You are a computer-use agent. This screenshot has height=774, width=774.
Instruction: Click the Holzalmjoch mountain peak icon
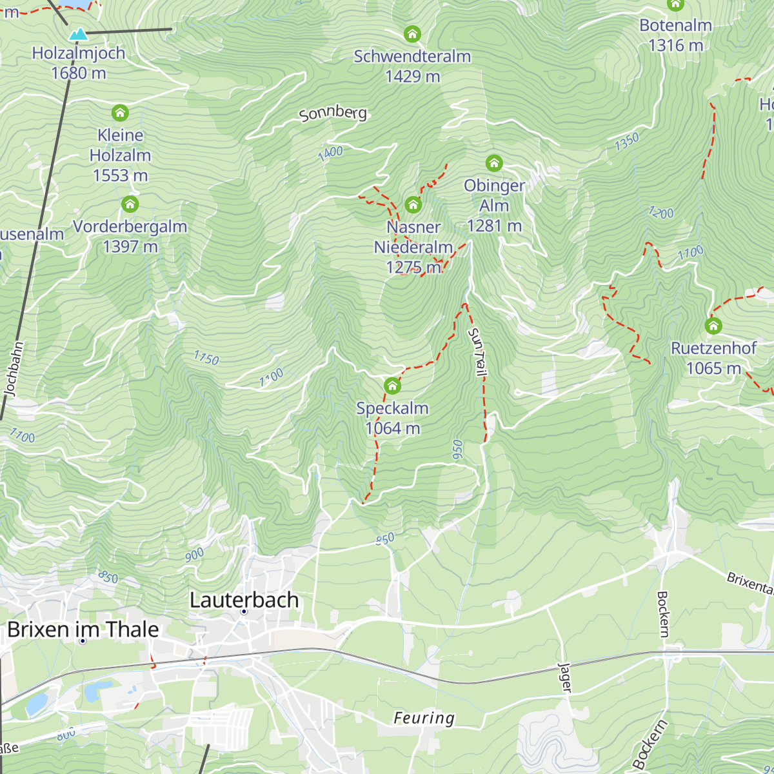pyautogui.click(x=78, y=34)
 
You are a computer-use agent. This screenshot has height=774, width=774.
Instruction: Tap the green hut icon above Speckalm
pyautogui.click(x=392, y=386)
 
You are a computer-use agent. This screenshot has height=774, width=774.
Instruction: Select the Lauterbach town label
pyautogui.click(x=244, y=600)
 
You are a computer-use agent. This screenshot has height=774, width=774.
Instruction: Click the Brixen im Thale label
pyautogui.click(x=83, y=630)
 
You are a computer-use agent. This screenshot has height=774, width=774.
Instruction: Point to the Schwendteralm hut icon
pyautogui.click(x=412, y=34)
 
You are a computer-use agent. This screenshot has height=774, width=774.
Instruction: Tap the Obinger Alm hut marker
pyautogui.click(x=494, y=163)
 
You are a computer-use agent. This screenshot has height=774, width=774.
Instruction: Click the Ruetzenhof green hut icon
pyautogui.click(x=713, y=326)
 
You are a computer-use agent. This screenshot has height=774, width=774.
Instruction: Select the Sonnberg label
pyautogui.click(x=333, y=114)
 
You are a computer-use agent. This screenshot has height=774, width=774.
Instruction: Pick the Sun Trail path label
pyautogui.click(x=477, y=352)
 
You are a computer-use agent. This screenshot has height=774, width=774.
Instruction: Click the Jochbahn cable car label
pyautogui.click(x=14, y=369)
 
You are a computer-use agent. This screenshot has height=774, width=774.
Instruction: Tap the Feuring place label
pyautogui.click(x=424, y=718)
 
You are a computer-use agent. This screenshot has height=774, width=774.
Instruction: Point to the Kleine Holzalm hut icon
pyautogui.click(x=120, y=113)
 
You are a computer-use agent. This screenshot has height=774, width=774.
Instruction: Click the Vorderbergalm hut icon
pyautogui.click(x=130, y=204)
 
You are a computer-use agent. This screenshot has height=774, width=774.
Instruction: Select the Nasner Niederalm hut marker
pyautogui.click(x=413, y=205)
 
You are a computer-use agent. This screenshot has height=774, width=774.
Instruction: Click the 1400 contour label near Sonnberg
pyautogui.click(x=330, y=153)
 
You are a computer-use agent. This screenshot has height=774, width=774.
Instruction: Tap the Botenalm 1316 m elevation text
pyautogui.click(x=675, y=45)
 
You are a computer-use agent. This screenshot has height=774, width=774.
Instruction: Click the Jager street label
pyautogui.click(x=565, y=678)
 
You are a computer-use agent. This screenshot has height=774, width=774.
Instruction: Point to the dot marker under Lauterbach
pyautogui.click(x=244, y=611)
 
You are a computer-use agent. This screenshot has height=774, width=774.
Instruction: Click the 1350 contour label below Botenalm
pyautogui.click(x=626, y=141)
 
